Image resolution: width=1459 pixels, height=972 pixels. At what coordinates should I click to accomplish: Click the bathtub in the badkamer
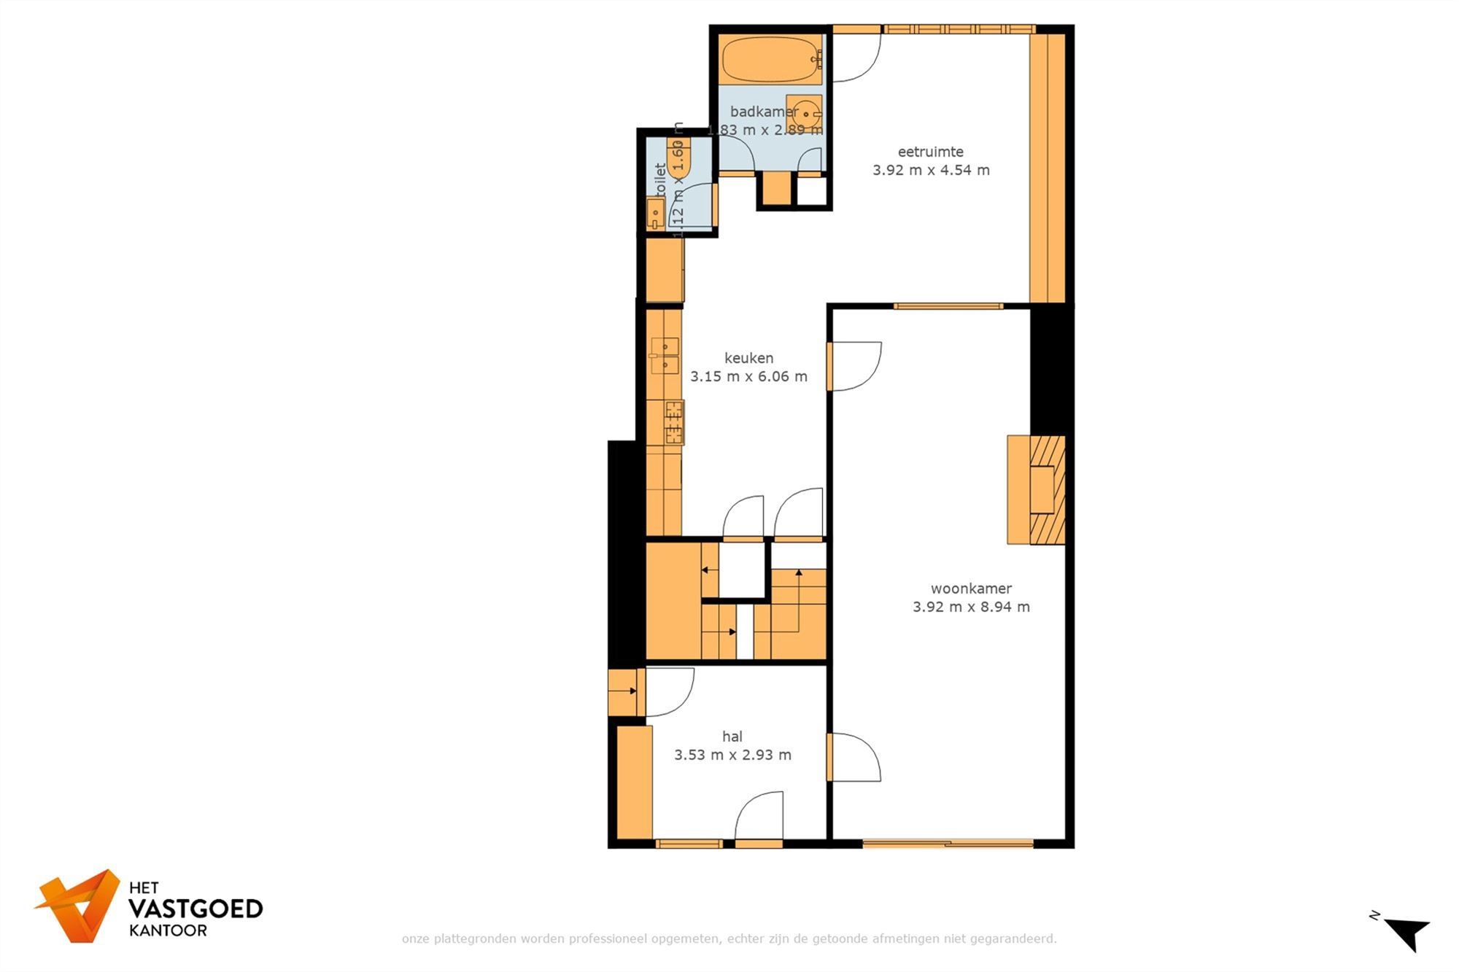[771, 60]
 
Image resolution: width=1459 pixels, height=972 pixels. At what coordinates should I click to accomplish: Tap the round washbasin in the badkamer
[805, 114]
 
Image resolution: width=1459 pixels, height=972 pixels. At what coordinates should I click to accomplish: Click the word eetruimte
[930, 152]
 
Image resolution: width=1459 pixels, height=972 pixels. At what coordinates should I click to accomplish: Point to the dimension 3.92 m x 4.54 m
[931, 170]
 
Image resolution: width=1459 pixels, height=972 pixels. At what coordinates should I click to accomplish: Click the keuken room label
[748, 358]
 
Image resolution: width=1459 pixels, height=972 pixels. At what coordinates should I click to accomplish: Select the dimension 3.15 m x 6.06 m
[748, 376]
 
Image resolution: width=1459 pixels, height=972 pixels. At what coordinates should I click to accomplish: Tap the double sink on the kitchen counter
[665, 356]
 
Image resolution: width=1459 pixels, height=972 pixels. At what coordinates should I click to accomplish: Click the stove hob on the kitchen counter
[673, 422]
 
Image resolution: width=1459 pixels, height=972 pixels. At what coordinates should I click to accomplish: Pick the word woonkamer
[971, 588]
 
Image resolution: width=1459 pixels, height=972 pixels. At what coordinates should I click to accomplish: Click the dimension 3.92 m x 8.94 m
[971, 607]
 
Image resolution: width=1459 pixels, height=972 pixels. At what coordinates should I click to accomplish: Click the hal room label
[732, 736]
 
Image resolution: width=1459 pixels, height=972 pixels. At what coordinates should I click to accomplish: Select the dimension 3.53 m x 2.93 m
[732, 755]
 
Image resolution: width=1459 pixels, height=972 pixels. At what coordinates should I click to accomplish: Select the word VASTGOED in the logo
[196, 909]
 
